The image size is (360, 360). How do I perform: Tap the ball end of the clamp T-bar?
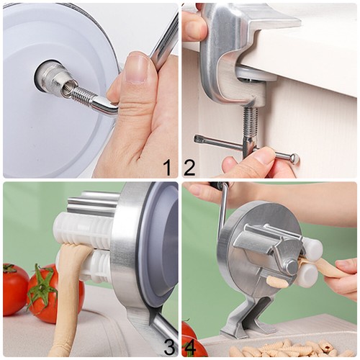point(294,158)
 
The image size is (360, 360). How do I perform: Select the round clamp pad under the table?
point(256,75)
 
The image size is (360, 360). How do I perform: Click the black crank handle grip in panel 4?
point(217,185)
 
